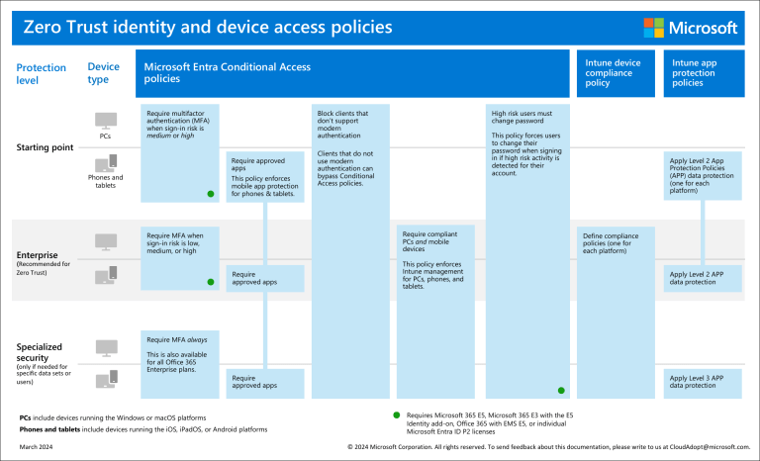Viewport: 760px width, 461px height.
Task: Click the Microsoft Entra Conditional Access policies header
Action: tap(228, 72)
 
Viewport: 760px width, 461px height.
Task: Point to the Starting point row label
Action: tap(45, 147)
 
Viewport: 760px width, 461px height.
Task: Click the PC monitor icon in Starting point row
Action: tap(106, 120)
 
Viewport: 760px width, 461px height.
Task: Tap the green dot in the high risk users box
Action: tap(561, 390)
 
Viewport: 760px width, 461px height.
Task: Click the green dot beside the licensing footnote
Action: tap(396, 415)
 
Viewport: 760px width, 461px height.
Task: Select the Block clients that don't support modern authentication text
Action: tap(341, 125)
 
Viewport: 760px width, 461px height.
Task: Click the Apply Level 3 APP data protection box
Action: tap(703, 381)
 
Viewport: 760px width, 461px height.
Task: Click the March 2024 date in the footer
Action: tap(37, 447)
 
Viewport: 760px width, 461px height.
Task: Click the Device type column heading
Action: tap(104, 73)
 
